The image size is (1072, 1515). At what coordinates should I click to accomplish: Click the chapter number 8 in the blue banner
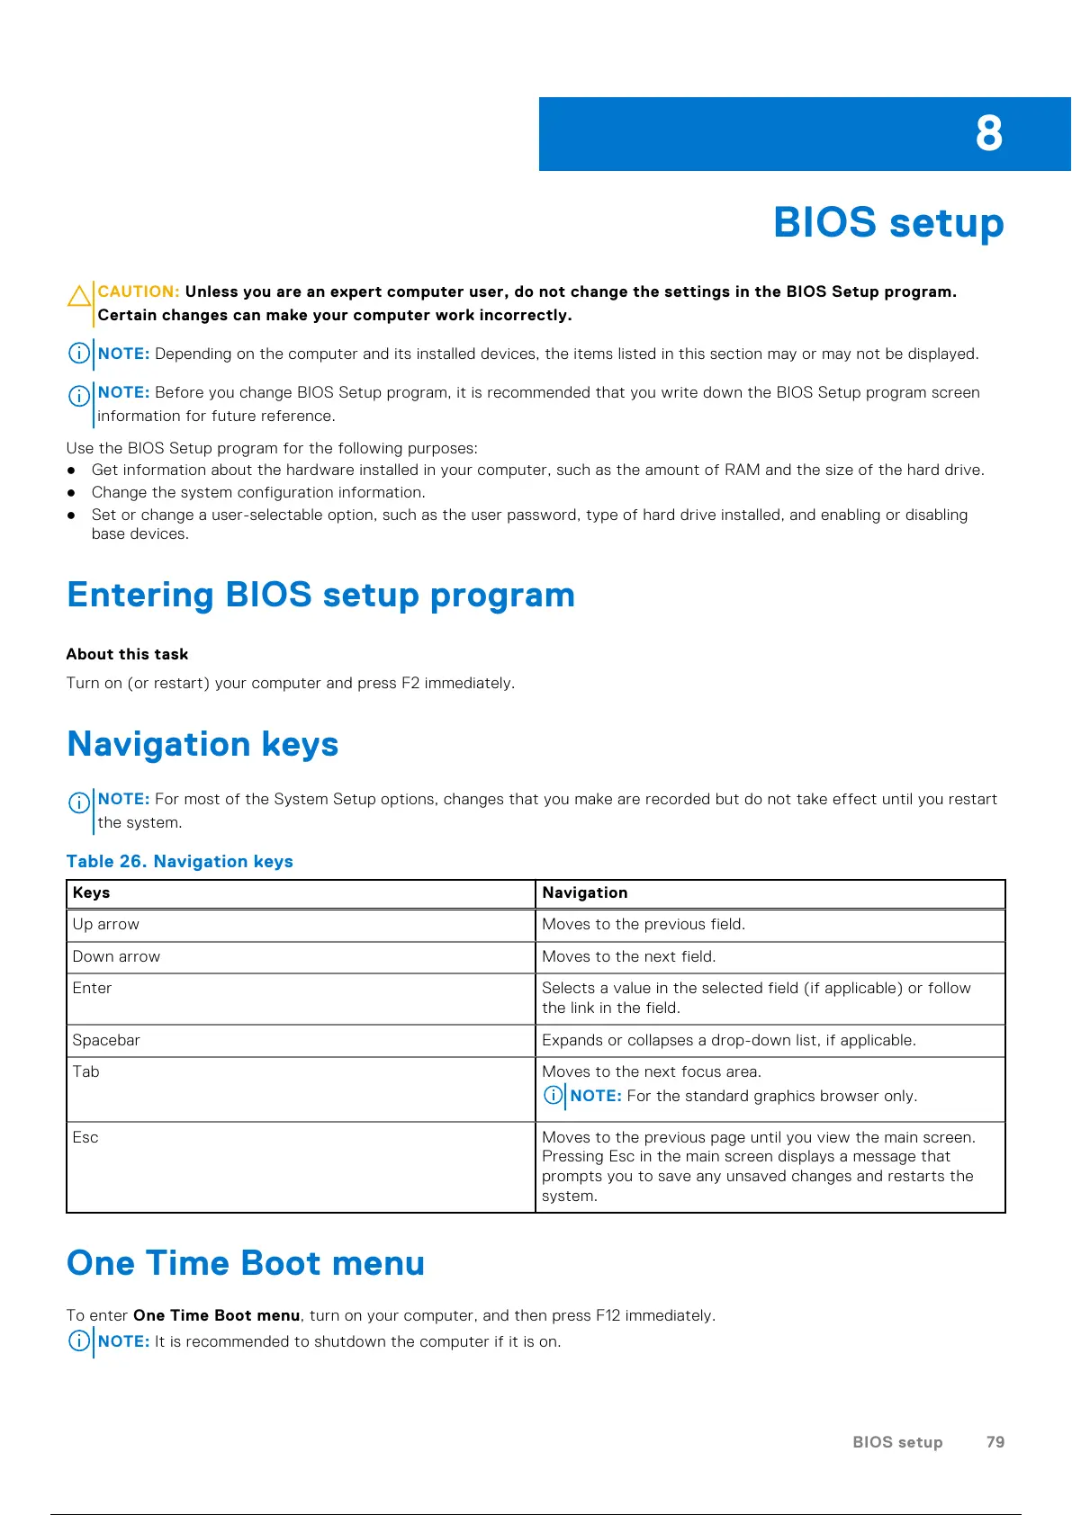point(988,134)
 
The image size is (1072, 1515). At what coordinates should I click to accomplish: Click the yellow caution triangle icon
point(79,296)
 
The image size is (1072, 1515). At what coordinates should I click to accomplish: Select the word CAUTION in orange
point(139,291)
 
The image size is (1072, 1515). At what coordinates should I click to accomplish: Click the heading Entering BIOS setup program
point(320,595)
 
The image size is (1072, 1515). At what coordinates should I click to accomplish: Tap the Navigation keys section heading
point(203,744)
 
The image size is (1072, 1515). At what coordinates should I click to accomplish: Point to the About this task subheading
point(127,654)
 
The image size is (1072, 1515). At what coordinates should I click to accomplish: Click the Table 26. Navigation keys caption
point(179,861)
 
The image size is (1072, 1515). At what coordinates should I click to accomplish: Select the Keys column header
point(91,892)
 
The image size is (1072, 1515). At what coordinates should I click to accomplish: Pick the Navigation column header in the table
point(584,892)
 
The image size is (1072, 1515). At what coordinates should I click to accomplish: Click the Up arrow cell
point(106,924)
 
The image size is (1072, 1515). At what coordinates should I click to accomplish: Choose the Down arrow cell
point(116,956)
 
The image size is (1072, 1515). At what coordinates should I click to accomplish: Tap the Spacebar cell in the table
point(106,1040)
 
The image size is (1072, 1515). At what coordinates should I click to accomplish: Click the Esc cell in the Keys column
point(86,1137)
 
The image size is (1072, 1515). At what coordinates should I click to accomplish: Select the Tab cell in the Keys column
point(86,1071)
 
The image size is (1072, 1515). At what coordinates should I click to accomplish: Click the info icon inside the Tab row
point(554,1096)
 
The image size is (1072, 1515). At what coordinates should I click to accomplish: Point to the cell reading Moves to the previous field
point(643,924)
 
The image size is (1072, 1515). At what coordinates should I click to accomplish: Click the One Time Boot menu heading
point(246,1263)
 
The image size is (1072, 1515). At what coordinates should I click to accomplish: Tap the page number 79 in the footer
point(995,1442)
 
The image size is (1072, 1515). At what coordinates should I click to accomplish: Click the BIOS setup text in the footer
point(896,1442)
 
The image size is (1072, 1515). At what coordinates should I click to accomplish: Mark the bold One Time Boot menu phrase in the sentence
point(216,1315)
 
